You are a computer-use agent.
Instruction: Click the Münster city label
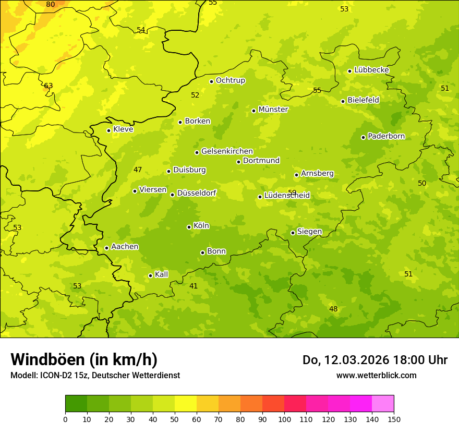click(273, 110)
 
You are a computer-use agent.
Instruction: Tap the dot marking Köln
click(189, 227)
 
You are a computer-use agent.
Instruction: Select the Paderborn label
click(386, 136)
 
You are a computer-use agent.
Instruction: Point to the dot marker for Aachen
click(106, 248)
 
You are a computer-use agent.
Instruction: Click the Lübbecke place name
click(371, 70)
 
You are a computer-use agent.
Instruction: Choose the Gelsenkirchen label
click(227, 151)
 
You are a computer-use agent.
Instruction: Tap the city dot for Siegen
click(293, 233)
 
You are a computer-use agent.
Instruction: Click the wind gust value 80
click(50, 5)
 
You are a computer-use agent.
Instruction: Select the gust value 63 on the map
click(49, 86)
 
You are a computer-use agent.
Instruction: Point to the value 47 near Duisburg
click(138, 170)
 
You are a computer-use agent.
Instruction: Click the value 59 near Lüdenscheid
click(292, 193)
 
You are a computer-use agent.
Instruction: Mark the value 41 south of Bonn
click(194, 286)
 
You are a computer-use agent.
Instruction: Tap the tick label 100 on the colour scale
click(284, 419)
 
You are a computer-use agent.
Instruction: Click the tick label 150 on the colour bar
click(394, 419)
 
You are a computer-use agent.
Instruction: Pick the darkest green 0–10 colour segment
click(76, 403)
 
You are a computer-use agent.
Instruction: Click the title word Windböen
click(47, 359)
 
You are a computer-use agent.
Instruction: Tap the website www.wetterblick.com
click(376, 376)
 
